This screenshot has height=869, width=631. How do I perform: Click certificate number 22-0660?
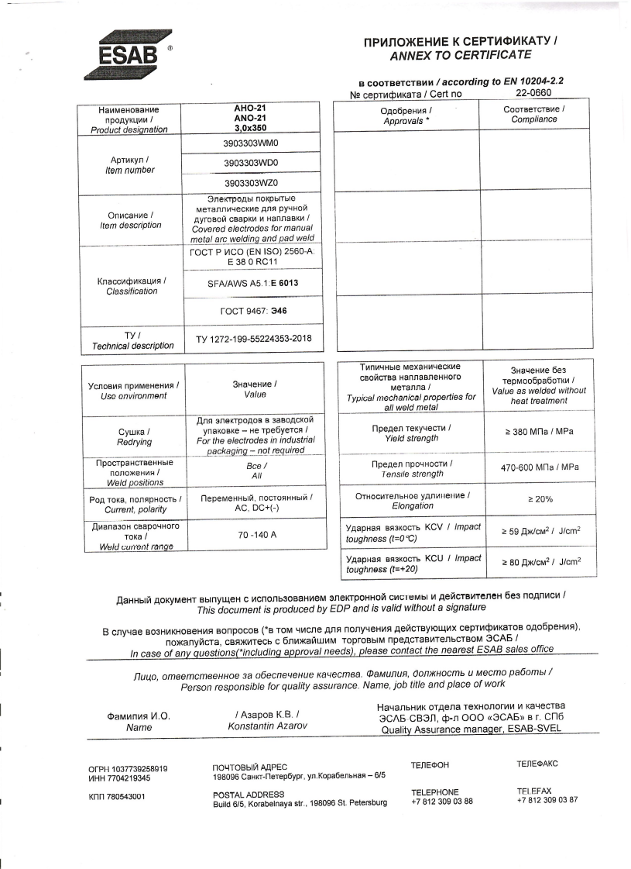point(533,93)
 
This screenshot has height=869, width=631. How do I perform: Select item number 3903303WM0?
point(250,144)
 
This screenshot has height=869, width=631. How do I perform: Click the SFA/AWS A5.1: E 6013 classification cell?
point(252,284)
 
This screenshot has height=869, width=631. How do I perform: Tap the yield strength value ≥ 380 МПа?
point(539,431)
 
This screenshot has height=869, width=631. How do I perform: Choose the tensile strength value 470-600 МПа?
point(539,467)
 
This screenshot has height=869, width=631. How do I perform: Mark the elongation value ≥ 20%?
point(539,500)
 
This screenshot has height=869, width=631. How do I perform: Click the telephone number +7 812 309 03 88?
point(441,802)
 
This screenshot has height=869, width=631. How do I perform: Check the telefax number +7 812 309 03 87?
point(547,800)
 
